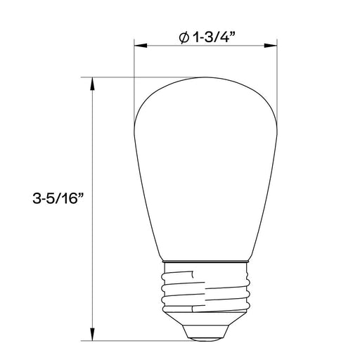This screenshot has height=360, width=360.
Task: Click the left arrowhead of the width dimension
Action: coord(139,47)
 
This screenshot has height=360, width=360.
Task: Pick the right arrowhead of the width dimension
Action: coord(270,47)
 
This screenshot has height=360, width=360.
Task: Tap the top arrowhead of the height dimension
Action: coord(92,82)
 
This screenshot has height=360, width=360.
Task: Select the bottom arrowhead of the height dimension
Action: coord(92,335)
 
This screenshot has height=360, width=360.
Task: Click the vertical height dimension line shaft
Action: coord(92,141)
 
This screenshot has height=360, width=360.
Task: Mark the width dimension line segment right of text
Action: coord(253,47)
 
